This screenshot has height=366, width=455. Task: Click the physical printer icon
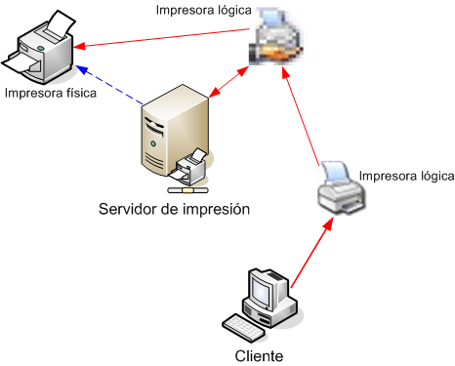[41, 49]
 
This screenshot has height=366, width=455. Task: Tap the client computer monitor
[266, 290]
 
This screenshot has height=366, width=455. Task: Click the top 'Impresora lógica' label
[204, 11]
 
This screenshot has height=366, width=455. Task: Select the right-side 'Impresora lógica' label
[407, 176]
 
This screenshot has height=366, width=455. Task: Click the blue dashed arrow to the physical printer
[112, 85]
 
